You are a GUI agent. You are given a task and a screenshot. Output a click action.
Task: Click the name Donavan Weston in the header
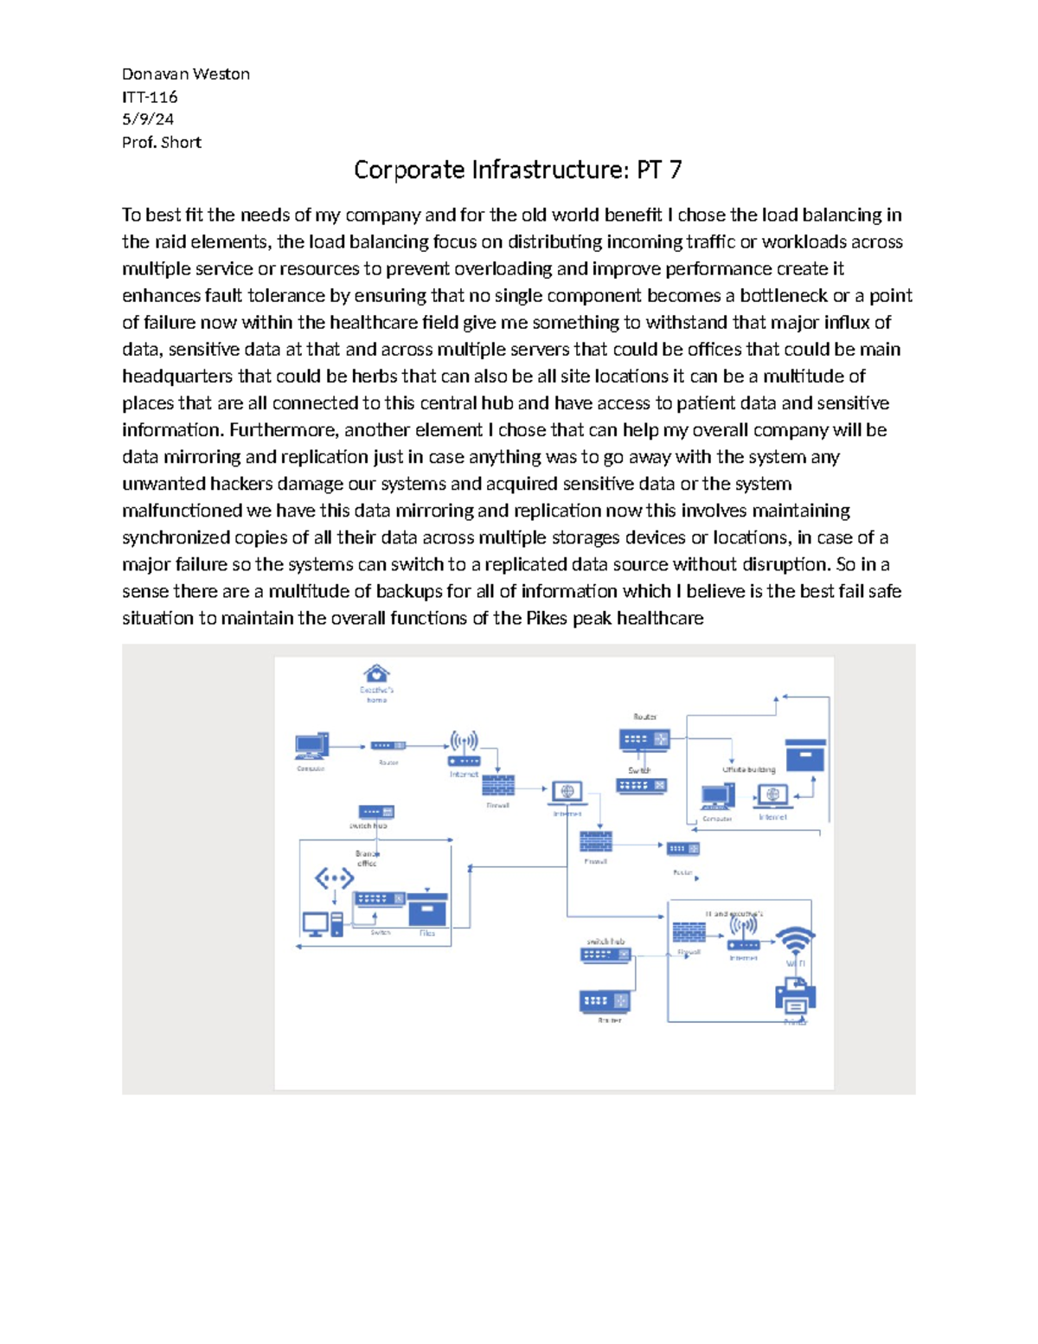(185, 74)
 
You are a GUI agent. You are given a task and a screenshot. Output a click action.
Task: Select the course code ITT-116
(150, 97)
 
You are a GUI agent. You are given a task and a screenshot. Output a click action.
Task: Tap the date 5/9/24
(147, 119)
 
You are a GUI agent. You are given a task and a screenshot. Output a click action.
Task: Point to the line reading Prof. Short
(161, 143)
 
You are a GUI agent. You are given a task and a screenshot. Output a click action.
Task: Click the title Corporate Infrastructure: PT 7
(517, 170)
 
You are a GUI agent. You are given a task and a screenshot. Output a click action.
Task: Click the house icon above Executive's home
(376, 672)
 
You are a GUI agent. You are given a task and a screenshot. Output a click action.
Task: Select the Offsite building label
(749, 769)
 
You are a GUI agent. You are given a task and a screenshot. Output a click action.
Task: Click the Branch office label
(367, 858)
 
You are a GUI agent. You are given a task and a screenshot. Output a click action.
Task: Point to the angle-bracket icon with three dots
(334, 878)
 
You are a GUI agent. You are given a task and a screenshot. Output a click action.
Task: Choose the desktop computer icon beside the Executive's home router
(311, 746)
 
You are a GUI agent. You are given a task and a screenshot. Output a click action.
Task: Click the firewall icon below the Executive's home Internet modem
(498, 786)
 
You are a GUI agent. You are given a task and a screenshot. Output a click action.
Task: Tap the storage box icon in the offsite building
(805, 756)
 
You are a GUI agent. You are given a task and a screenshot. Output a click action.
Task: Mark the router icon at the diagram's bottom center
(605, 1001)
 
